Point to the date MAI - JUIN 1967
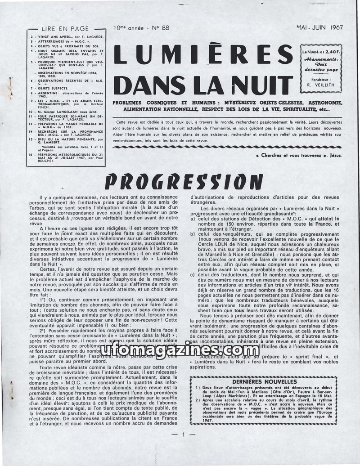tap(319, 27)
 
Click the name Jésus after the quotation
tap(333, 156)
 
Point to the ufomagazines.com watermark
tap(180, 349)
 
